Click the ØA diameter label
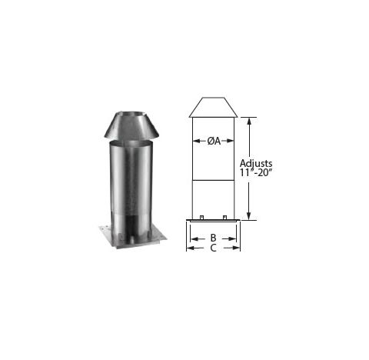click(214, 141)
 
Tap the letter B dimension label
click(213, 238)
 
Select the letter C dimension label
click(213, 248)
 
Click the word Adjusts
click(256, 163)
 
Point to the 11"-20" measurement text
click(255, 172)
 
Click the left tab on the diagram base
click(201, 218)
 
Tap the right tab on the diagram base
click(224, 218)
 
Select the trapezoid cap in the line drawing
click(213, 108)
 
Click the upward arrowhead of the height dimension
click(248, 121)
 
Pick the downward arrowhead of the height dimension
click(248, 216)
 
